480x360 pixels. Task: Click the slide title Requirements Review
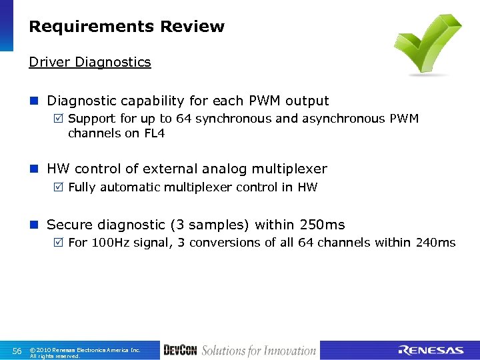tap(127, 27)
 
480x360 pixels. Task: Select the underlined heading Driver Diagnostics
tap(90, 62)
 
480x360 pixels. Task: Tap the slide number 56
tap(17, 351)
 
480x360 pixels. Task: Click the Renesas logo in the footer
tap(430, 351)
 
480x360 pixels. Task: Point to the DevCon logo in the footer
tap(179, 351)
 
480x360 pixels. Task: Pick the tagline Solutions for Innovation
tap(259, 351)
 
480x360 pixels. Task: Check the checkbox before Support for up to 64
tap(59, 119)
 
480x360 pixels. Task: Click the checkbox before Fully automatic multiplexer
tap(59, 188)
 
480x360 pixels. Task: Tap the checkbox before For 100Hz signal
tap(59, 243)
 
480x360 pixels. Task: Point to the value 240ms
tap(435, 243)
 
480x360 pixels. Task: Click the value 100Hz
tap(111, 243)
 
